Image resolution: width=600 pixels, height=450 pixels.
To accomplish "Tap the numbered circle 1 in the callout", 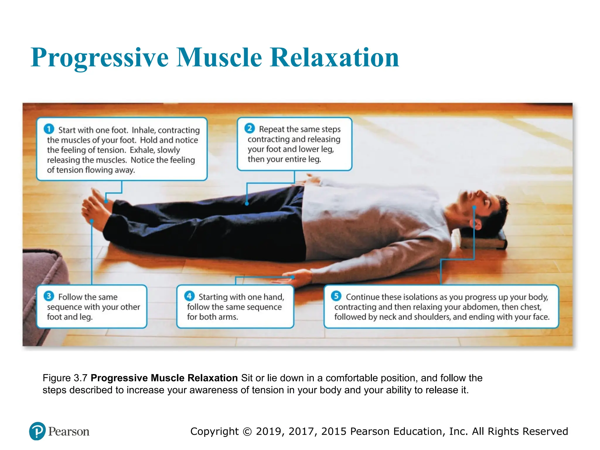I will coord(49,129).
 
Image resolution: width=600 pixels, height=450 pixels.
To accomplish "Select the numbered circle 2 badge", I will coord(250,128).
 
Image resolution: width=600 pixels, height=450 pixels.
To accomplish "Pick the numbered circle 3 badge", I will coord(49,296).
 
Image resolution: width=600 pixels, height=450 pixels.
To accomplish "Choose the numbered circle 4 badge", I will coord(189,296).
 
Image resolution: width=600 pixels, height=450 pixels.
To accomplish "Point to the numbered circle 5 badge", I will coord(336,296).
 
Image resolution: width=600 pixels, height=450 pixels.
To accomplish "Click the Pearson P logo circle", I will coord(37,431).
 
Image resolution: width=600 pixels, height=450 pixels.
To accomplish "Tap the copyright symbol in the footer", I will coord(247,432).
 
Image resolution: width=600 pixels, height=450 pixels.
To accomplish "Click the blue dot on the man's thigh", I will coord(247,203).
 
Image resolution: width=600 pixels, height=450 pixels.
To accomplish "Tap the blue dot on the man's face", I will coord(474,207).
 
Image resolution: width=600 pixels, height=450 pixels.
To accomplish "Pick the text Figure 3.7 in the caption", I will coord(65,378).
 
